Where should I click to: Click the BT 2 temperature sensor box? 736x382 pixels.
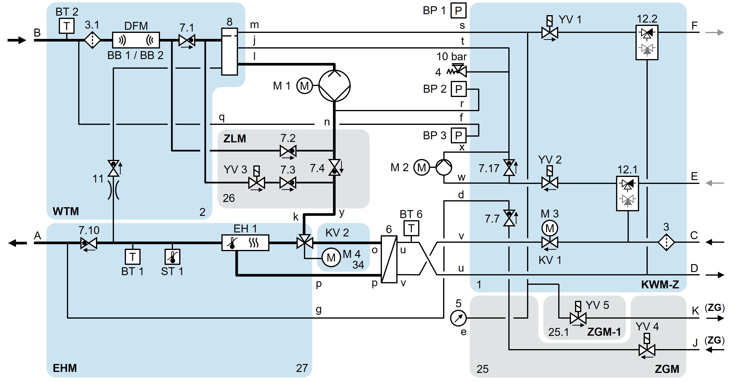pyautogui.click(x=67, y=26)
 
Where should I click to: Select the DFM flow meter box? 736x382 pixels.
pyautogui.click(x=136, y=40)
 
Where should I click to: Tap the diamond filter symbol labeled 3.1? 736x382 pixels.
pyautogui.click(x=92, y=40)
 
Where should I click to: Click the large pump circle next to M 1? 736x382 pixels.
pyautogui.click(x=334, y=85)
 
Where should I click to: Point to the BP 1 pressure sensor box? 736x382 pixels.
pyautogui.click(x=458, y=11)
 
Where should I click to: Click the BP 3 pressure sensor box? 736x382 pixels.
pyautogui.click(x=458, y=135)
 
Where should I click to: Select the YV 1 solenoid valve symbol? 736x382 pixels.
pyautogui.click(x=549, y=33)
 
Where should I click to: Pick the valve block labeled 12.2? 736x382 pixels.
pyautogui.click(x=647, y=42)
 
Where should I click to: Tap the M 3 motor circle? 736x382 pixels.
pyautogui.click(x=549, y=228)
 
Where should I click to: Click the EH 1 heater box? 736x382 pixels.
pyautogui.click(x=245, y=243)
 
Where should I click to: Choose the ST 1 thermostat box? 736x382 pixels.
pyautogui.click(x=172, y=257)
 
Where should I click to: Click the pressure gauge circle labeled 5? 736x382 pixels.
pyautogui.click(x=458, y=318)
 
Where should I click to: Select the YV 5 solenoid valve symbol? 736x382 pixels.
pyautogui.click(x=578, y=318)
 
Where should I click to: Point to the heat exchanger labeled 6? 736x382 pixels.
pyautogui.click(x=389, y=259)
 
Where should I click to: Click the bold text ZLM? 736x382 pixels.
pyautogui.click(x=235, y=139)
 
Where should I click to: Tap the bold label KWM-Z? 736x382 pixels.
pyautogui.click(x=660, y=284)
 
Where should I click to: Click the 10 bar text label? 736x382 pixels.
pyautogui.click(x=451, y=57)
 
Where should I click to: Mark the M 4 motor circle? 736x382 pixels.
pyautogui.click(x=331, y=258)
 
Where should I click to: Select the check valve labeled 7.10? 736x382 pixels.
pyautogui.click(x=89, y=243)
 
